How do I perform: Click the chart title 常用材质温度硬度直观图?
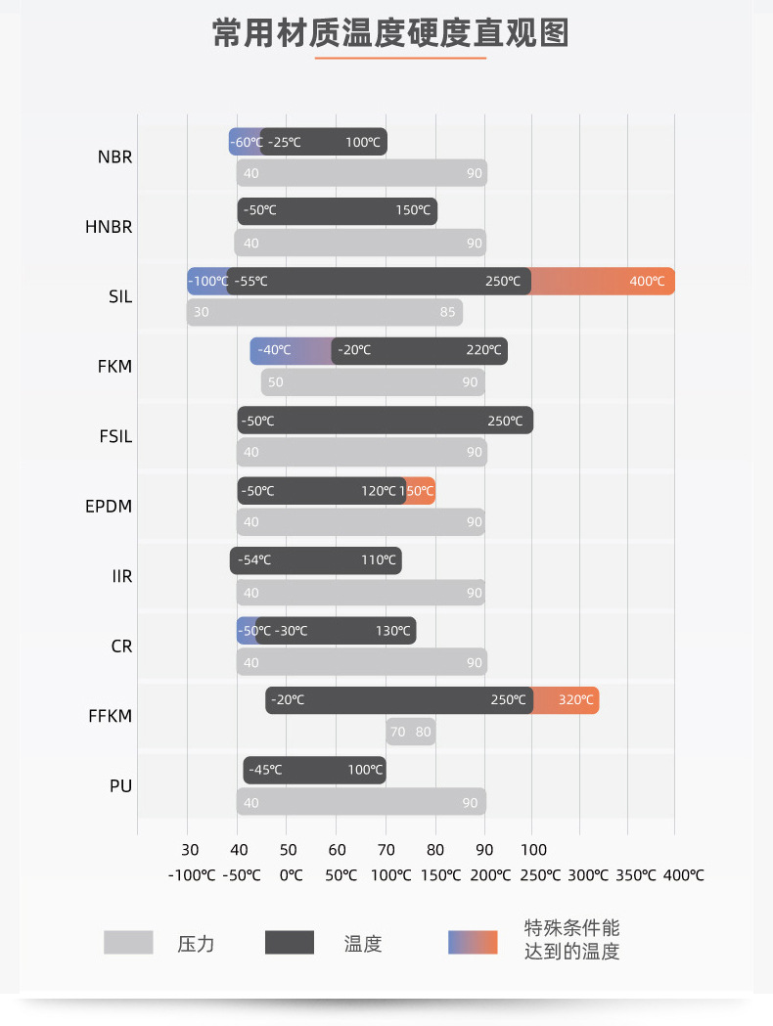coord(390,32)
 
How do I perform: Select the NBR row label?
coord(115,156)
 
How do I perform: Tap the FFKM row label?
coord(110,716)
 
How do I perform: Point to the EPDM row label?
coord(109,507)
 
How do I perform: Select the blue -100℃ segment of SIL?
coord(206,282)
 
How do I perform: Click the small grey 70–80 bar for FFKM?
coord(411,732)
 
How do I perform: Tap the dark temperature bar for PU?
coord(314,770)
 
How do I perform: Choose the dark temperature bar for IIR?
coord(315,560)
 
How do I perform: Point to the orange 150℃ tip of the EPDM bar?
coord(421,491)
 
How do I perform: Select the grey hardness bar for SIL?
coord(325,313)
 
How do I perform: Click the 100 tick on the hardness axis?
coord(533,850)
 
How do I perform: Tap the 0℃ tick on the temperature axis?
coord(291,875)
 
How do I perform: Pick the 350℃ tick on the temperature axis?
coord(636,875)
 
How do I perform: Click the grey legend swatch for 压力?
coord(128,943)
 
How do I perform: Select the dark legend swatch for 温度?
coord(290,943)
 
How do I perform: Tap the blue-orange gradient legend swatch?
coord(473,943)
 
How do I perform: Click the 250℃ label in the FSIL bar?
coord(505,422)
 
